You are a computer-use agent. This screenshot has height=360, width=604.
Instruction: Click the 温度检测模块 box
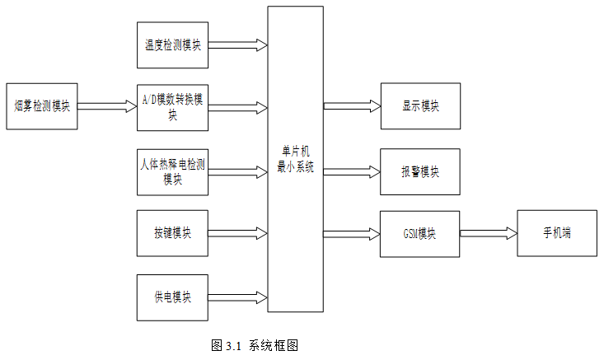[172, 45]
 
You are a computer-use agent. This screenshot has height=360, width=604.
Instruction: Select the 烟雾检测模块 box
[42, 106]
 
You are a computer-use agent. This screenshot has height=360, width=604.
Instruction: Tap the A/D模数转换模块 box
[172, 108]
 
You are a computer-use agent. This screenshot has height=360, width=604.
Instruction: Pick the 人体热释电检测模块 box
[172, 172]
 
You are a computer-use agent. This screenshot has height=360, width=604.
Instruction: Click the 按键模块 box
[172, 233]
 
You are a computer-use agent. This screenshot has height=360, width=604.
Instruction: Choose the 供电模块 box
[172, 297]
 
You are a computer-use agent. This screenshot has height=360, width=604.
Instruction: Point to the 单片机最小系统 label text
[296, 159]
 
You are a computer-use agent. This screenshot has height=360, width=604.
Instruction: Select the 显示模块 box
[420, 106]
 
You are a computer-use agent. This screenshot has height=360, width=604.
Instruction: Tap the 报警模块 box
[420, 171]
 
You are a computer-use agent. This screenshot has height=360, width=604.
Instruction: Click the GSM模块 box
[420, 234]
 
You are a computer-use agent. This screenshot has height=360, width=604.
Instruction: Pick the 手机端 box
[557, 233]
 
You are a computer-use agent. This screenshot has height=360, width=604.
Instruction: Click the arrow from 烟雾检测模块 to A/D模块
[107, 106]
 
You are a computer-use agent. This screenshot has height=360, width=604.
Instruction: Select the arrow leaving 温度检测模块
[238, 45]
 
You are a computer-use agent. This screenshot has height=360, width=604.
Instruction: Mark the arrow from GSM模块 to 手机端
[489, 233]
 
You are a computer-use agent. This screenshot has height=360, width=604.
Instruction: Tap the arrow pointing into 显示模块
[352, 106]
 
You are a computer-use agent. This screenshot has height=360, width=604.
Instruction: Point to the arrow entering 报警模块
[352, 171]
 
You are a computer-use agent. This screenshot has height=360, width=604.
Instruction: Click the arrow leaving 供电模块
[238, 297]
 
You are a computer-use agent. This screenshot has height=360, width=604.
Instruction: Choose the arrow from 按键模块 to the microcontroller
[238, 233]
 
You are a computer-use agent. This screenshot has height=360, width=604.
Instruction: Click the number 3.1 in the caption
[233, 346]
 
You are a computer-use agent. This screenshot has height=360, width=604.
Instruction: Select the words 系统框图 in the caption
[274, 345]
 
